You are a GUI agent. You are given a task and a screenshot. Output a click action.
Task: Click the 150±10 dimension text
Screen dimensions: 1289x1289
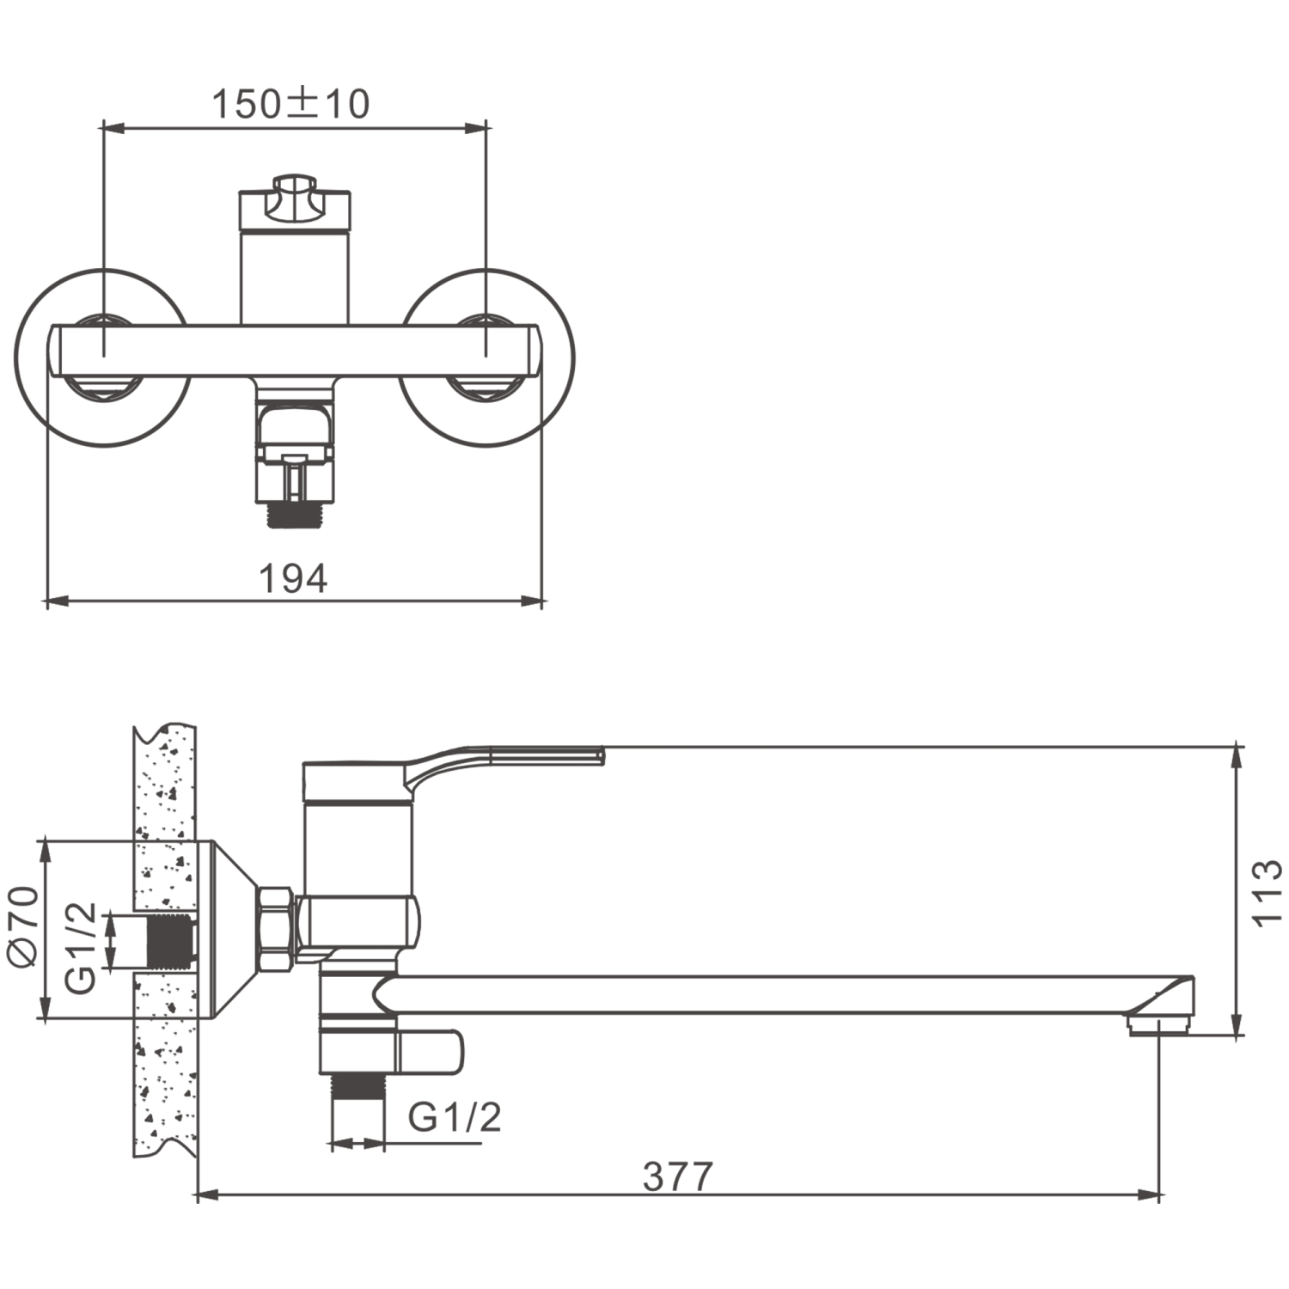pos(290,103)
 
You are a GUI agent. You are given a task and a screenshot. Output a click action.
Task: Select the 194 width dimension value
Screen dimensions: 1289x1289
pos(293,578)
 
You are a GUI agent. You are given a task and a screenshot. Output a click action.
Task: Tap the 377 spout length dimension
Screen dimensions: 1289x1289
pos(678,1177)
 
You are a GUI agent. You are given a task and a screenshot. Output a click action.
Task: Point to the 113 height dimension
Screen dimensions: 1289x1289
pos(1267,893)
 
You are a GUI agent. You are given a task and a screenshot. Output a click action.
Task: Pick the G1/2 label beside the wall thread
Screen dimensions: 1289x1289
pos(81,948)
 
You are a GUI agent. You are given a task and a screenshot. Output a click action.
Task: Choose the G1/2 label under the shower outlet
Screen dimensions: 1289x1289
pos(454,1117)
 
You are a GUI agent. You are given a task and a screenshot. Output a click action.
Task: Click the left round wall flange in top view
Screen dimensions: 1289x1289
pos(102,357)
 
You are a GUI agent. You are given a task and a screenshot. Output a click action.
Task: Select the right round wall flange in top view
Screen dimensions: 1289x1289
pos(487,357)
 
